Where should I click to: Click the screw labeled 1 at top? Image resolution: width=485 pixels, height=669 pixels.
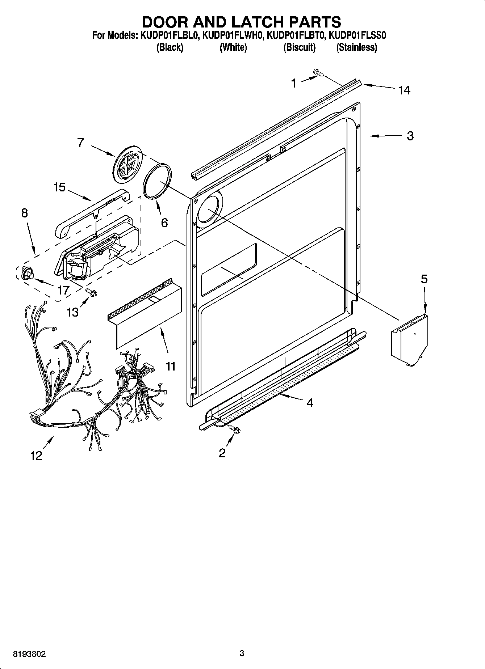coord(318,73)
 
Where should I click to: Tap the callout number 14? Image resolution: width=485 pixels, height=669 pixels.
coord(404,90)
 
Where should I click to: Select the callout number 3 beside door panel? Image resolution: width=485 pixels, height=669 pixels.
coord(410,136)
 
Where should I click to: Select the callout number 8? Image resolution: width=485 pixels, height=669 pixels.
coord(24,213)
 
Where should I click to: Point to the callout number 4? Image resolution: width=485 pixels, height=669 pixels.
coord(310,403)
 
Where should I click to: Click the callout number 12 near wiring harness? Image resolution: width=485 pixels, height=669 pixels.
coord(36,456)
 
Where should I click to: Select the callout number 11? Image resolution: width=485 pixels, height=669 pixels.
coord(170,366)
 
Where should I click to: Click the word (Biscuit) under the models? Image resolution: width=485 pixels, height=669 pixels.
coord(299,47)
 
